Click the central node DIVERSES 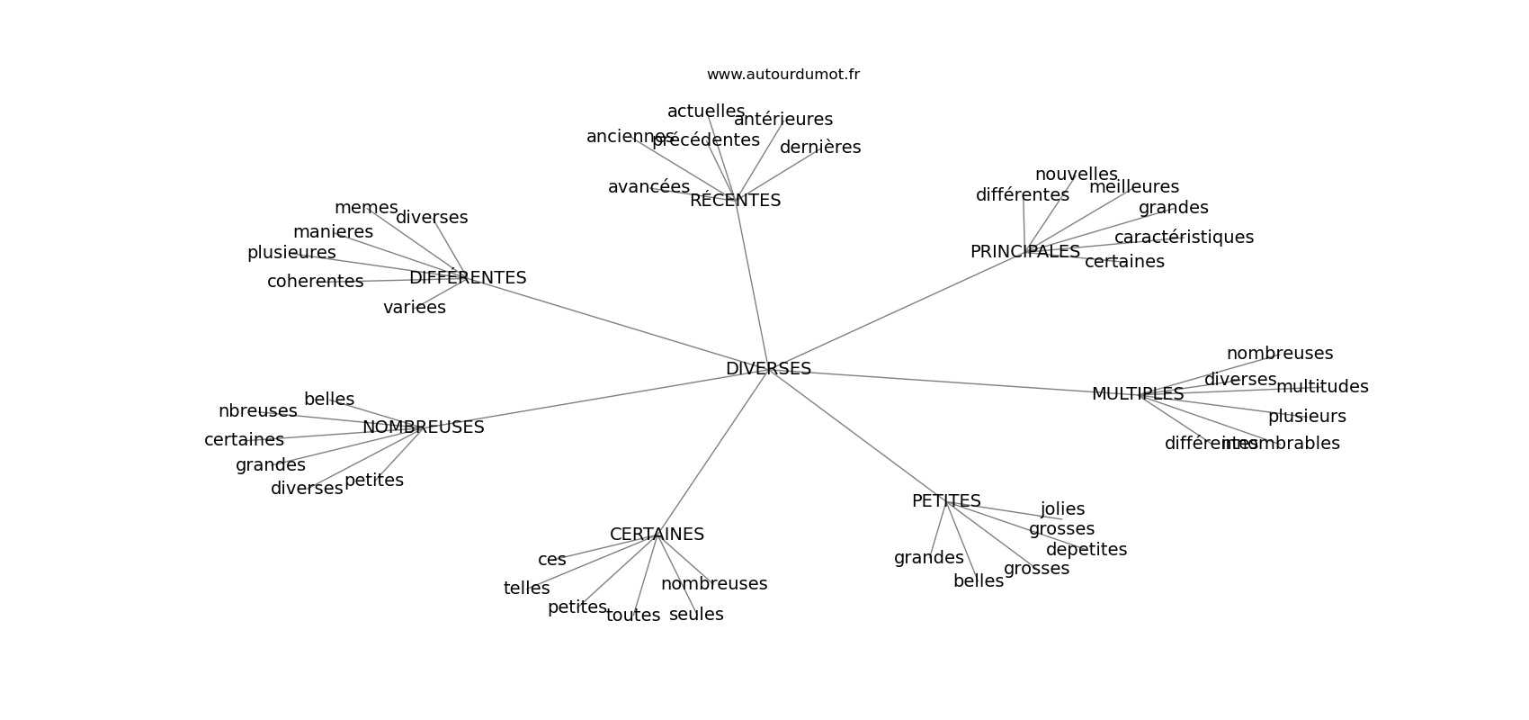tap(768, 369)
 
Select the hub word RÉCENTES tap(735, 201)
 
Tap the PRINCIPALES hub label tap(1024, 252)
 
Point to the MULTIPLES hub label tap(1137, 394)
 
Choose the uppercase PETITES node tap(946, 501)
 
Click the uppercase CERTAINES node tap(657, 535)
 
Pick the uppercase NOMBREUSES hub tap(423, 427)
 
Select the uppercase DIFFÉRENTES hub tap(468, 278)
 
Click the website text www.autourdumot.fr tap(782, 75)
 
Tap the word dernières tap(819, 148)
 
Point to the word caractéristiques tap(1183, 238)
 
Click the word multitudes tap(1321, 387)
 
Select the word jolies tap(1062, 509)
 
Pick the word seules tap(696, 615)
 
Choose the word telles tap(526, 589)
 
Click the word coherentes tap(315, 282)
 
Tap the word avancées tap(648, 187)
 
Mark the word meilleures tap(1133, 187)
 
